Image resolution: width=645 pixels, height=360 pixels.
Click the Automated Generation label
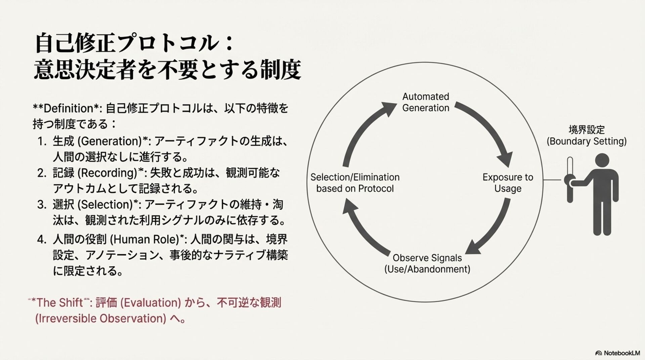(x=426, y=102)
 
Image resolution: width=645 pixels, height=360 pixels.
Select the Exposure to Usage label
(x=508, y=183)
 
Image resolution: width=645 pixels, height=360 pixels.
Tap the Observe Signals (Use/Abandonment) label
(x=427, y=263)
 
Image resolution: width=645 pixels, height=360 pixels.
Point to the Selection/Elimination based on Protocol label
(x=355, y=183)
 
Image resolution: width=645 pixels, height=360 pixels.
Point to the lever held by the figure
(x=569, y=180)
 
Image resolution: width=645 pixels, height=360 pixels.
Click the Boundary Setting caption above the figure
(x=587, y=136)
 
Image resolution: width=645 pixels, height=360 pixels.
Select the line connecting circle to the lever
(x=553, y=180)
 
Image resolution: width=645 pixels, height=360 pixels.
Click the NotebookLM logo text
(x=621, y=353)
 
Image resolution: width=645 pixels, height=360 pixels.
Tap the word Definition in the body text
(x=68, y=108)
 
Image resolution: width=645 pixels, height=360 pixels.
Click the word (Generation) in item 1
(x=110, y=141)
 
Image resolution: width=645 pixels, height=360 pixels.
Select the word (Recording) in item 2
(x=107, y=173)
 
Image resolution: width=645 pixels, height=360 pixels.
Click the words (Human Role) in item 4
(x=144, y=239)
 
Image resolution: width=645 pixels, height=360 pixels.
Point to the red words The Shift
(x=59, y=303)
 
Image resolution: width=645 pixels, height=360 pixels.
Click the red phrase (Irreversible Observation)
(x=101, y=318)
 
